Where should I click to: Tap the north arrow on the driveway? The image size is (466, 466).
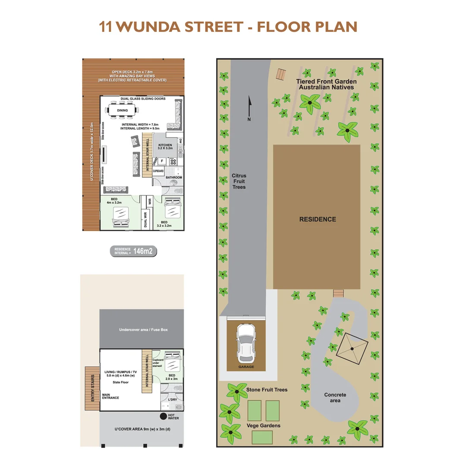click(249, 108)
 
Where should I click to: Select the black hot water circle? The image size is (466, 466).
click(163, 416)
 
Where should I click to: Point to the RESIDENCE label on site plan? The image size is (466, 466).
click(318, 219)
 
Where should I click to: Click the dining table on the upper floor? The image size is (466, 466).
click(122, 110)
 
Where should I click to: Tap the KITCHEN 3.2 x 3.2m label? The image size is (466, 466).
click(165, 147)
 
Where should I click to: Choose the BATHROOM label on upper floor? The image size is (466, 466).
click(174, 177)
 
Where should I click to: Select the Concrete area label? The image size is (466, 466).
click(335, 397)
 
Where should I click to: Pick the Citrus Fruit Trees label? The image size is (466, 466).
click(239, 181)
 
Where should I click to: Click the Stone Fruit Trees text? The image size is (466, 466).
click(267, 390)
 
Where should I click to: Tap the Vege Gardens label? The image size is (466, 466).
click(264, 425)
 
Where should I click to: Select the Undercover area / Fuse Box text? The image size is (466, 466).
click(142, 330)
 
